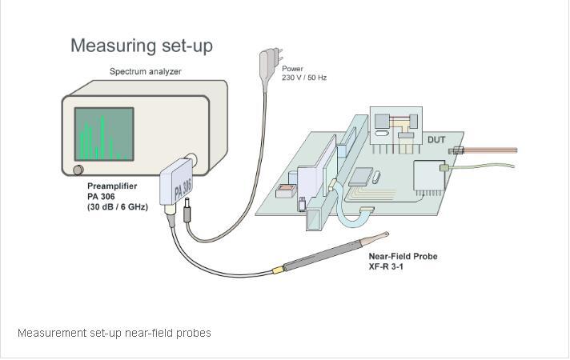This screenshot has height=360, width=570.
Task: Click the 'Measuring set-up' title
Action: point(141,45)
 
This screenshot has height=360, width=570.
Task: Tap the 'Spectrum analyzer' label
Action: point(145,72)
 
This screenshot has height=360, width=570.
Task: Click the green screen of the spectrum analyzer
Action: point(103,133)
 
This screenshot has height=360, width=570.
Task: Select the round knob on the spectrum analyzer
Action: point(78,170)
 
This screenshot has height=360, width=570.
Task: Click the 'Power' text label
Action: point(292,69)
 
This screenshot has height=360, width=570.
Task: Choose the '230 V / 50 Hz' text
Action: point(304,78)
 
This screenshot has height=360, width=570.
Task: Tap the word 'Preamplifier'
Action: point(112,186)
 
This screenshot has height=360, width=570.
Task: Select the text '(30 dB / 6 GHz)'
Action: point(118,207)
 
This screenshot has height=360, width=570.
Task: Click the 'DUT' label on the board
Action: point(436,140)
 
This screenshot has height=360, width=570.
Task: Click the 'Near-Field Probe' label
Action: point(403,257)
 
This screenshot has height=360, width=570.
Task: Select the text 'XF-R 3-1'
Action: point(386,266)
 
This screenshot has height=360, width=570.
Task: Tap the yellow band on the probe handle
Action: point(278,270)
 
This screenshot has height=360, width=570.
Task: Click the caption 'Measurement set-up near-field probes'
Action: point(114,333)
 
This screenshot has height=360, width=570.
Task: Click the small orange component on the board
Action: point(284,191)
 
